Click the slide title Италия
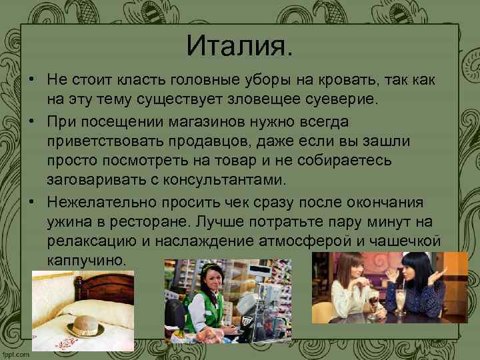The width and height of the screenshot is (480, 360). (x=239, y=46)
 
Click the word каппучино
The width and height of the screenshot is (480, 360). (x=86, y=259)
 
